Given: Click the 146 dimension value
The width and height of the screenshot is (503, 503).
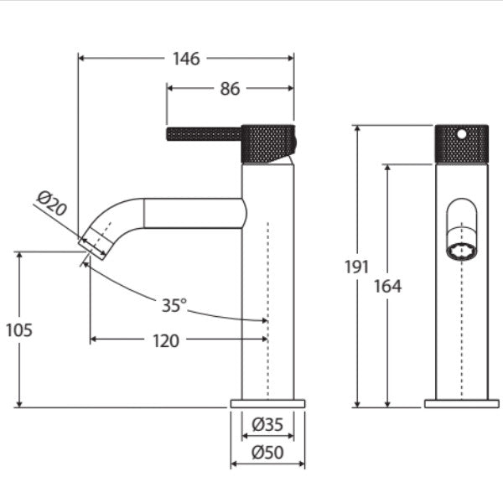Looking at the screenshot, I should point(186,59).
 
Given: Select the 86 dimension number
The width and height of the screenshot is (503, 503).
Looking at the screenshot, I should point(230,88).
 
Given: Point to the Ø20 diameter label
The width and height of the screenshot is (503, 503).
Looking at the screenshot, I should point(52,205).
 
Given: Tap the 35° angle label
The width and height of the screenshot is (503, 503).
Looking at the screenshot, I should point(174,306).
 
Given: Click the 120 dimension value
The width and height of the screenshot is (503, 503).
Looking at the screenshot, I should point(166,340).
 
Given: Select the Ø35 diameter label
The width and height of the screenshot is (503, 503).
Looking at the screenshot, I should point(268,424).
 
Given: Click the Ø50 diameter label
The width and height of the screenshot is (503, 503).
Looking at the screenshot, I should point(268,453).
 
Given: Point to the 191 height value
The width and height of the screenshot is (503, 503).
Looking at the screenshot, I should point(357,267).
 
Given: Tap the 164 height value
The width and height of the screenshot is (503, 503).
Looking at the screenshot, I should point(387,286).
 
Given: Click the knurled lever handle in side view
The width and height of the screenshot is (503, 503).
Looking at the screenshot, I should point(205,134).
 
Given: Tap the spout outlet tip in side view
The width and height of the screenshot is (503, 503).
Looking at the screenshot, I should point(94,246).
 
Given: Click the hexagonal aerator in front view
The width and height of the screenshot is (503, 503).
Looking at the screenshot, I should point(460,251).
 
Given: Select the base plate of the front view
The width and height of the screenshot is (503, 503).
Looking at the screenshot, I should point(461,404).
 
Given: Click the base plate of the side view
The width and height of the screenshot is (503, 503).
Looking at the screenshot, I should point(267,404).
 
